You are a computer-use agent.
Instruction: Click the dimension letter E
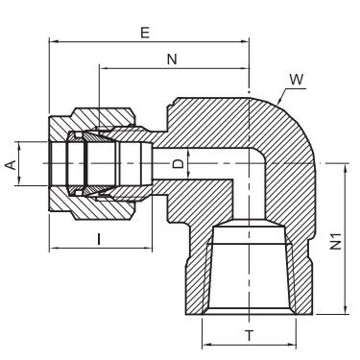[x=145, y=33]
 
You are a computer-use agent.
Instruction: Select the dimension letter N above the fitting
[x=172, y=60]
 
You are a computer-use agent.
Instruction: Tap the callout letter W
[x=297, y=80]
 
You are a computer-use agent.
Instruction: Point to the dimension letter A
[x=12, y=165]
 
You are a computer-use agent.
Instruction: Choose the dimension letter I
[x=99, y=239]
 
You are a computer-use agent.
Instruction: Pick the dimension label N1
[x=336, y=241]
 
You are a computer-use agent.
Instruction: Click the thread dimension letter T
[x=250, y=336]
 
